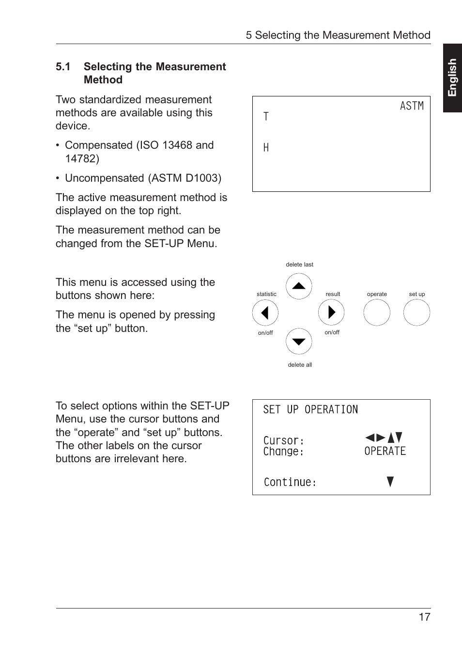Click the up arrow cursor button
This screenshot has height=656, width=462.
(x=299, y=286)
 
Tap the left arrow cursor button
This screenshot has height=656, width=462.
(x=265, y=312)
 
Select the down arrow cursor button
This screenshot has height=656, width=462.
(x=299, y=342)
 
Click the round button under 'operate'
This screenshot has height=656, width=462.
(x=377, y=312)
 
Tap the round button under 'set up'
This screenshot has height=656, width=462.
(x=416, y=312)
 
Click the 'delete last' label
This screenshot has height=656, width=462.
(x=299, y=265)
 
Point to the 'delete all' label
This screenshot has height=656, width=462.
(x=300, y=365)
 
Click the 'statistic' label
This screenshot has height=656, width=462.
(x=266, y=294)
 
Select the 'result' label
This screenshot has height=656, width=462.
(x=333, y=294)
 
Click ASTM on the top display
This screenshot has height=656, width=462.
(x=412, y=106)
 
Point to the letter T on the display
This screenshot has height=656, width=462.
(x=266, y=116)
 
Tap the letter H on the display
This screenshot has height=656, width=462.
(x=266, y=148)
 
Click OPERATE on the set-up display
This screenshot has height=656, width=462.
(x=385, y=451)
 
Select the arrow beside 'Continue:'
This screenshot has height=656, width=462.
(x=390, y=482)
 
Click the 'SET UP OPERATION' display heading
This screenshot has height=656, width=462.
(x=310, y=410)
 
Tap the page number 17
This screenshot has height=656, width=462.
(x=424, y=617)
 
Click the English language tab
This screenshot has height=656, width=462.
(x=452, y=78)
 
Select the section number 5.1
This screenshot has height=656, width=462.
(x=63, y=67)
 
